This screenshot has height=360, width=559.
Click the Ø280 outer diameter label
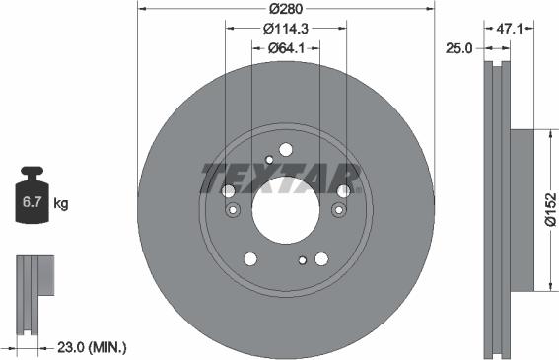[286, 9]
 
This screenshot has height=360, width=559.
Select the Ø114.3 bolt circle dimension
[286, 30]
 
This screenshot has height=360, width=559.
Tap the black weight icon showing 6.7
[31, 199]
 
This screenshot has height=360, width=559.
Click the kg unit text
[61, 204]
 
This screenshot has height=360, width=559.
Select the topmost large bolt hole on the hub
[286, 150]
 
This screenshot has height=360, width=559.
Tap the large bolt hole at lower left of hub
[250, 258]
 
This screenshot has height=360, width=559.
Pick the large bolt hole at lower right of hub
[321, 258]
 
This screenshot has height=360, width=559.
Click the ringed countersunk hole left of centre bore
[234, 209]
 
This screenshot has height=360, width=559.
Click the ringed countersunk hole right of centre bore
[338, 209]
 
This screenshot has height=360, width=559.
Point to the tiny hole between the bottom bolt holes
[302, 261]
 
